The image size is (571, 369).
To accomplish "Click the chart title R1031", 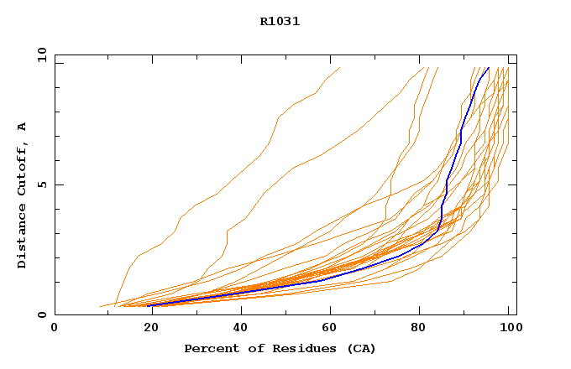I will pyautogui.click(x=280, y=22).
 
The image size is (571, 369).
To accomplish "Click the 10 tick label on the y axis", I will pyautogui.click(x=41, y=55).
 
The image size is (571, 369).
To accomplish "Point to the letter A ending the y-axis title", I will pyautogui.click(x=22, y=127).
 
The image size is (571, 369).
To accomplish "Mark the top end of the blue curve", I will pyautogui.click(x=488, y=68).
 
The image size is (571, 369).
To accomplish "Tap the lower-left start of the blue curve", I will pyautogui.click(x=151, y=305).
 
